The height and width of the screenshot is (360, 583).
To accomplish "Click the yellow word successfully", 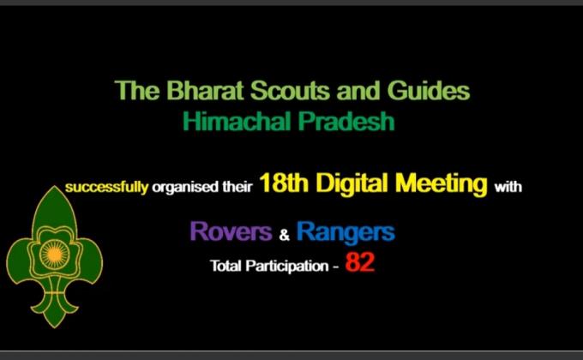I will (x=107, y=186).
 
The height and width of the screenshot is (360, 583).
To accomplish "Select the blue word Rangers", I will (x=346, y=231).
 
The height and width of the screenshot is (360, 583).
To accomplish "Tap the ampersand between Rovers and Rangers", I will (x=284, y=234).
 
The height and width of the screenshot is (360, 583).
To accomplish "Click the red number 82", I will (x=360, y=264).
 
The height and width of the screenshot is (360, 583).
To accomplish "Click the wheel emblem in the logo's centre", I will (x=54, y=255).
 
